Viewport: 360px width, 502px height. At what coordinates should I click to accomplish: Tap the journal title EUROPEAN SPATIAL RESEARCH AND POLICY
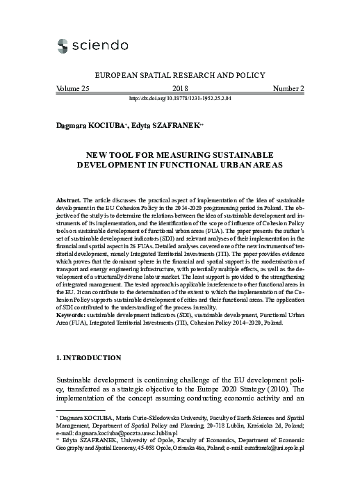click(x=179, y=74)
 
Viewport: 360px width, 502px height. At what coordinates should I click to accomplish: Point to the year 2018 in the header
click(x=179, y=89)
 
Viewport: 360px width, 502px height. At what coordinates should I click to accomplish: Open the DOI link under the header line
click(x=179, y=99)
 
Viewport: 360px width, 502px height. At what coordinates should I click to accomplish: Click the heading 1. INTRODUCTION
click(x=88, y=358)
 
